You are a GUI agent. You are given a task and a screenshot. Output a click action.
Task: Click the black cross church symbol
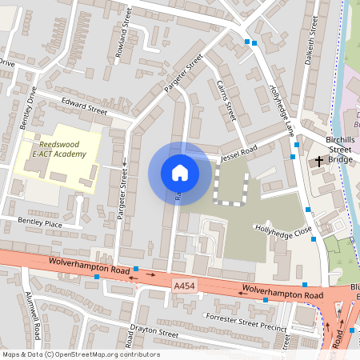coord(319,161)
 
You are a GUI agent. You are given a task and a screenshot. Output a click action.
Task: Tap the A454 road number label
coord(183,283)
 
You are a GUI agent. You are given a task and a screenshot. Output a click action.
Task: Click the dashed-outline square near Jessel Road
coord(231,188)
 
